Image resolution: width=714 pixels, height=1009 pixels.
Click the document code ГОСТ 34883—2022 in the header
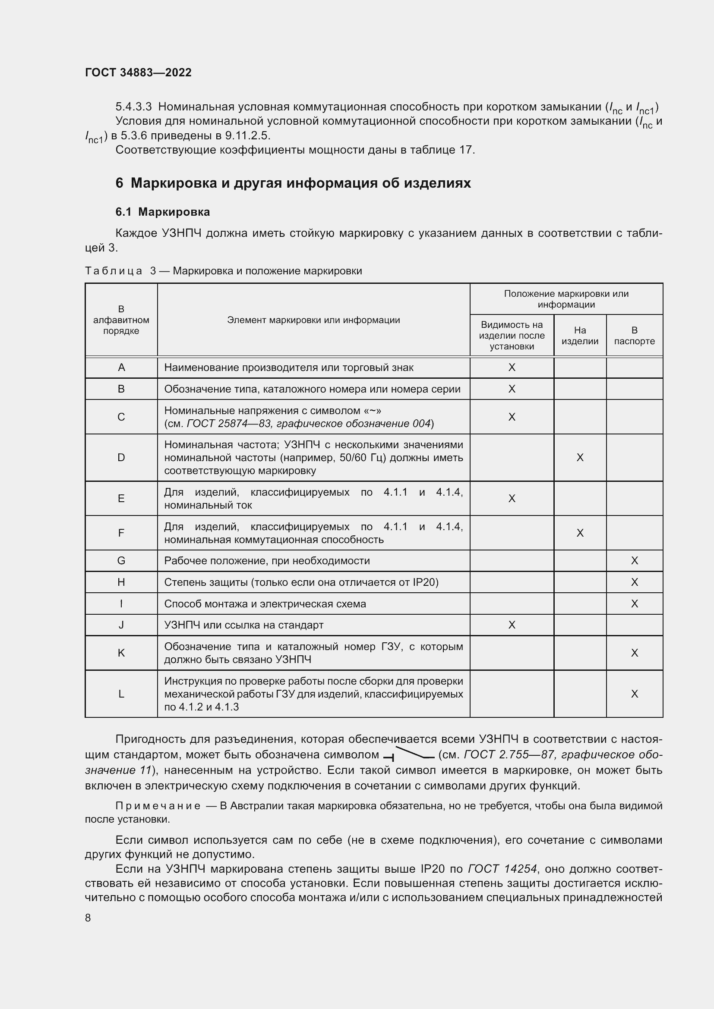click(x=138, y=72)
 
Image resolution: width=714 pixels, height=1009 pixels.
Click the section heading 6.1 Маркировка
click(x=162, y=212)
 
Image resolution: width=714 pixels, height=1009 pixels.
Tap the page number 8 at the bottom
click(x=88, y=918)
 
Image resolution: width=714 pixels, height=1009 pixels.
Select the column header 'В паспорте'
click(x=634, y=335)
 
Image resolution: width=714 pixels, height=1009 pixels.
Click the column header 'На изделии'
click(x=579, y=335)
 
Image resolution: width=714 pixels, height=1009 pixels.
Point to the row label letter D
click(x=121, y=457)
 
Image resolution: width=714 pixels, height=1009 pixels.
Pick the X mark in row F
click(x=579, y=533)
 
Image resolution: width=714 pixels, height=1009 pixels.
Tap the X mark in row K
click(x=634, y=653)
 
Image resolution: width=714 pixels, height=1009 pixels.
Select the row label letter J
click(x=121, y=625)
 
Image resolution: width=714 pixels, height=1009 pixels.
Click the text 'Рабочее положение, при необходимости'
click(x=267, y=560)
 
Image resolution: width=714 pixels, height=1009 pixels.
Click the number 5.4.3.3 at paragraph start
click(x=133, y=107)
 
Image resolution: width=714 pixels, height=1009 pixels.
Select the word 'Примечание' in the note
click(x=158, y=805)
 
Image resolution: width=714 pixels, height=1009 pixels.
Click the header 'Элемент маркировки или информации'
click(x=313, y=320)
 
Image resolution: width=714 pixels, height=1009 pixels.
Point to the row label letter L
click(x=121, y=694)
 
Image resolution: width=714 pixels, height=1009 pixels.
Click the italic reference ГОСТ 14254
click(x=502, y=869)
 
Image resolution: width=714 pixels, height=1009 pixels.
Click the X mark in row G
click(x=634, y=560)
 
